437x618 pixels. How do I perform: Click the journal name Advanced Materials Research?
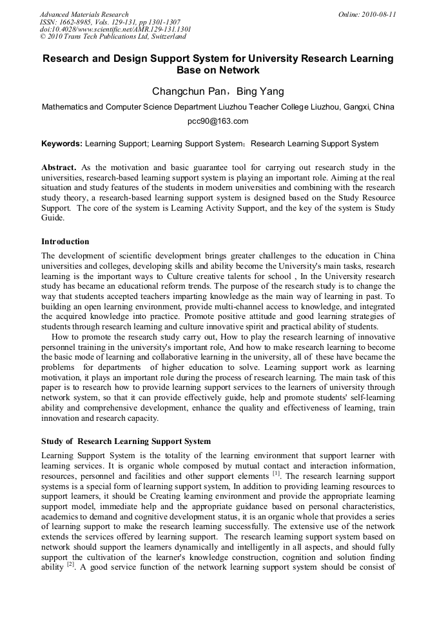click(x=84, y=14)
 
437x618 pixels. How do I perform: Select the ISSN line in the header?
click(x=102, y=22)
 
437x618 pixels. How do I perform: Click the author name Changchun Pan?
click(x=188, y=92)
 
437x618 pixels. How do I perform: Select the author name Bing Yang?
click(x=260, y=92)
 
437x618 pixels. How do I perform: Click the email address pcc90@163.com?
click(x=218, y=121)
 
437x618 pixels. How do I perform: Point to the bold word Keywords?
click(x=62, y=144)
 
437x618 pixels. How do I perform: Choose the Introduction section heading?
click(x=65, y=242)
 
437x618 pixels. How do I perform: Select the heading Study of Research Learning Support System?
click(x=126, y=441)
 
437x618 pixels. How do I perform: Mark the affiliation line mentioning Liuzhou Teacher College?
click(x=218, y=107)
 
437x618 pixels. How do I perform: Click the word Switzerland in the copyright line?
click(x=165, y=37)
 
